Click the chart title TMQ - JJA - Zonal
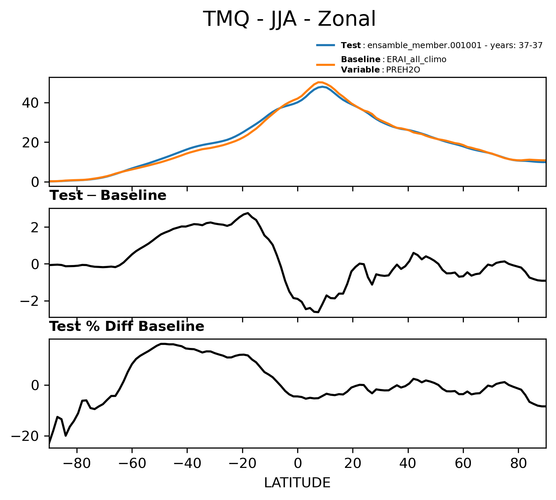[x=290, y=19]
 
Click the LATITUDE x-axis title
[x=297, y=483]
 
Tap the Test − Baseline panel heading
[x=108, y=196]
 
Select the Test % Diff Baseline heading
[x=127, y=327]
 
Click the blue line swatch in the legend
[x=326, y=45]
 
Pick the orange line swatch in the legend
[x=326, y=65]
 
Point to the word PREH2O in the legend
[x=403, y=70]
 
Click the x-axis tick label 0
[x=298, y=464]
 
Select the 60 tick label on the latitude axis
[x=463, y=464]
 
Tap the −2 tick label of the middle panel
[x=30, y=301]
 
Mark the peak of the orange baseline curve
[x=320, y=82]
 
